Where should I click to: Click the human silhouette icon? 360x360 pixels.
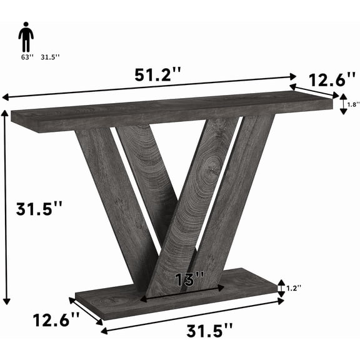point(26,39)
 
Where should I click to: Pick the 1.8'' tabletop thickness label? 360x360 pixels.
point(352,104)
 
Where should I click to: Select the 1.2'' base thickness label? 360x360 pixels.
point(294,287)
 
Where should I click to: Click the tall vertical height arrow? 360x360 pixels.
point(7,206)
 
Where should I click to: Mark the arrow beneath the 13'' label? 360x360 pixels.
point(182,294)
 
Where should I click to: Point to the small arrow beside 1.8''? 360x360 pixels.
point(342,104)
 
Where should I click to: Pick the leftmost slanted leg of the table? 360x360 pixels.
point(112,194)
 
